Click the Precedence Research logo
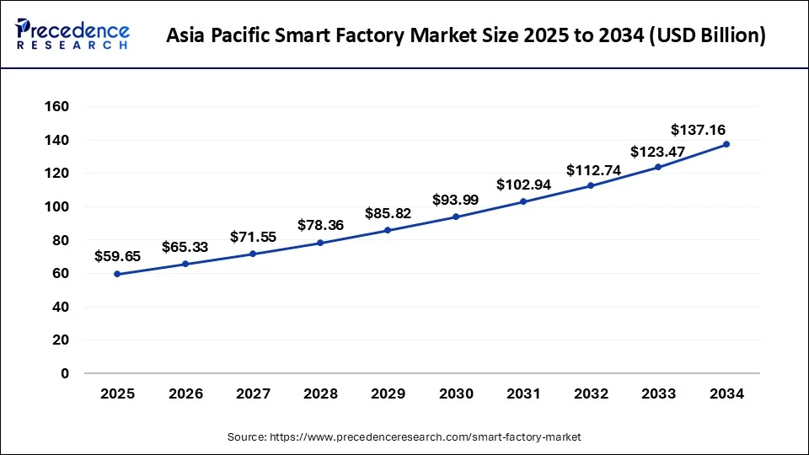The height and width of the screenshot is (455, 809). (72, 35)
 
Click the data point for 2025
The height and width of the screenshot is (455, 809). (117, 274)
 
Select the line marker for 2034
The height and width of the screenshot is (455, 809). (726, 144)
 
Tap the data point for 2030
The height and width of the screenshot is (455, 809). (456, 217)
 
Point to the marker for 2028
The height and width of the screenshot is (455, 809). (320, 243)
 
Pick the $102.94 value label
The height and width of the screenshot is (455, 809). (523, 185)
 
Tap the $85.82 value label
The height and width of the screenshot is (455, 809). (388, 214)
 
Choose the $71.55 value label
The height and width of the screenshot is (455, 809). (253, 237)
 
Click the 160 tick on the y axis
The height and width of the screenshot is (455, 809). (58, 107)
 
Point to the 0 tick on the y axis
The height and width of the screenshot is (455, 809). (65, 373)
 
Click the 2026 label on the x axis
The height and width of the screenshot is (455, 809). (185, 393)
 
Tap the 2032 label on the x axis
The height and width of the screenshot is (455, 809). (591, 393)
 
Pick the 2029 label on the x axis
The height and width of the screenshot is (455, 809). (388, 393)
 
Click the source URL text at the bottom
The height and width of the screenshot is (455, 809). (404, 437)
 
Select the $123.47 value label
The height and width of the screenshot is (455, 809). (658, 152)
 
